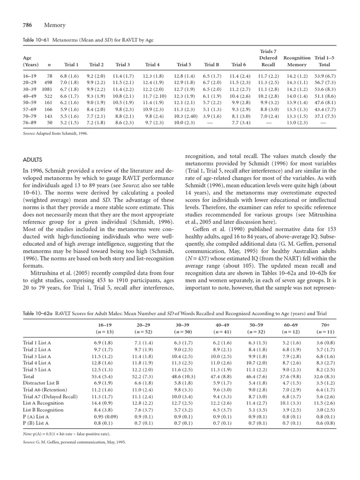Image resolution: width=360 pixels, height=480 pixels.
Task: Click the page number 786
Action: pos(30,25)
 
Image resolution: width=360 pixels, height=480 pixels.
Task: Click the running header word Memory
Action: pos(54,25)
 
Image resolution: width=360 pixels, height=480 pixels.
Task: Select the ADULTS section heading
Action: pos(34,160)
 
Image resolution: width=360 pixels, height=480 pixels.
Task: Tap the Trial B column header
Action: pos(212,65)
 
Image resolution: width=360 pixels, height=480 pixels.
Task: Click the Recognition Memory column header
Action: pos(297,61)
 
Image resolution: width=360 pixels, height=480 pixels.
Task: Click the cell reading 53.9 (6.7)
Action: pos(324,75)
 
